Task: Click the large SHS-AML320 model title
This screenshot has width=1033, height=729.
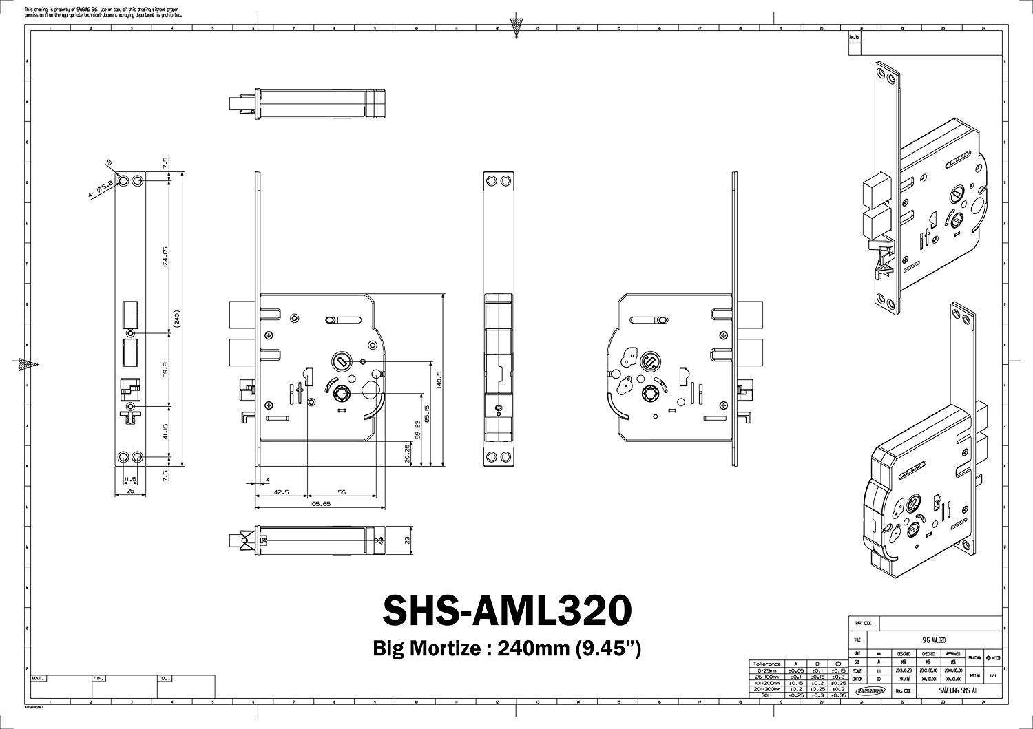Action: tap(506, 609)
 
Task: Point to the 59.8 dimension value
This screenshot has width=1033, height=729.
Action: tap(165, 368)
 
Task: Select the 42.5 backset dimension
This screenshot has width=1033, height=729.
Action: tap(280, 492)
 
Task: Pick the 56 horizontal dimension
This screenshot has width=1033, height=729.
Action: tap(342, 492)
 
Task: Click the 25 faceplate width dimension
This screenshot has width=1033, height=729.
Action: tap(130, 492)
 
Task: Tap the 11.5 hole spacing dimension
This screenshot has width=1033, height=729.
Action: tap(130, 479)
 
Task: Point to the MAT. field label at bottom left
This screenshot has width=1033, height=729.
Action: tap(39, 678)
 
